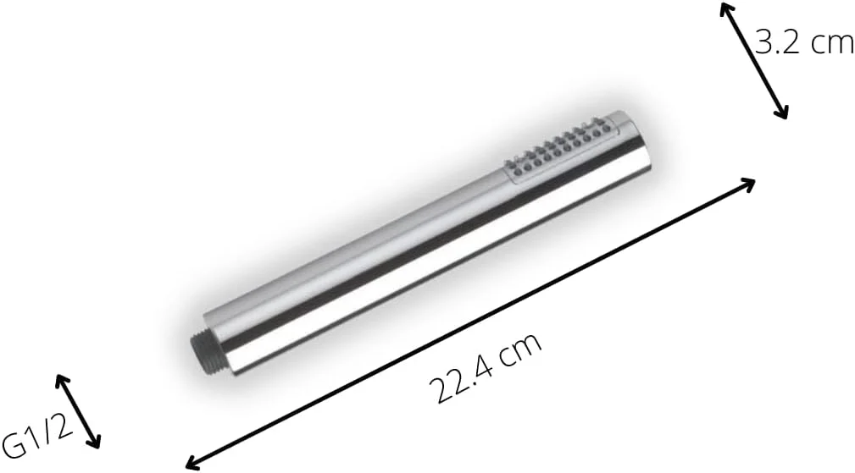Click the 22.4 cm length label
pos(485,365)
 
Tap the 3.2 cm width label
pos(804,43)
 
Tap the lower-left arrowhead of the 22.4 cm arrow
pos(192,463)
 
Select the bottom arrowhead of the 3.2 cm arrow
pos(784,113)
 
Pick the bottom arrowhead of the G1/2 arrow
pos(96,443)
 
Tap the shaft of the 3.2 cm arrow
pos(754,61)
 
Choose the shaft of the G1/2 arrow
pos(78,410)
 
